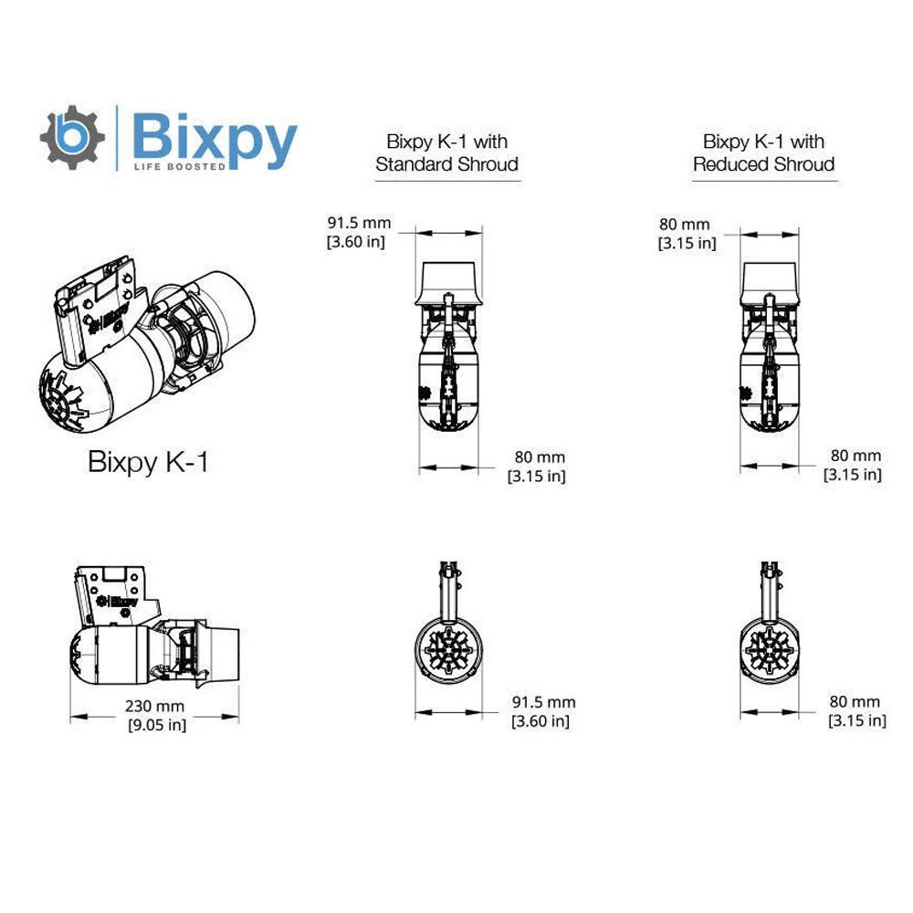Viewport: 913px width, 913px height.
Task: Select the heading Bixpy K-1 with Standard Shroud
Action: (446, 153)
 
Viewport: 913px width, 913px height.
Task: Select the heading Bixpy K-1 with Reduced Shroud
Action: (763, 153)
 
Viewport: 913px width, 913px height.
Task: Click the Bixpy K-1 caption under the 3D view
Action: (149, 461)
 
